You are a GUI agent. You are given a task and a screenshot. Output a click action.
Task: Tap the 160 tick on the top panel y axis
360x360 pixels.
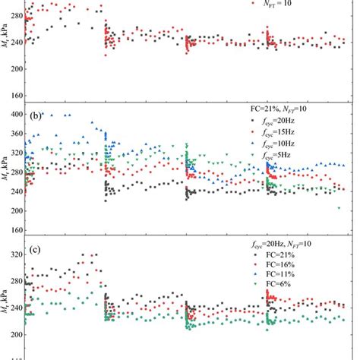[x=16, y=96]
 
